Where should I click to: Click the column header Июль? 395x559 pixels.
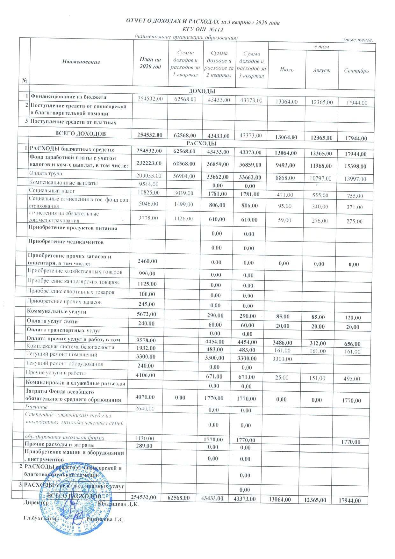point(287,70)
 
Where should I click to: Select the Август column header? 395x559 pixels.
point(321,70)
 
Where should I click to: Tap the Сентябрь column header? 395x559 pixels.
point(356,70)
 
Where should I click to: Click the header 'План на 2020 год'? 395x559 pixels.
point(150,63)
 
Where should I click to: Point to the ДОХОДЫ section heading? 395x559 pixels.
point(202,91)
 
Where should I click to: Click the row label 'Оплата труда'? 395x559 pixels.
point(46,174)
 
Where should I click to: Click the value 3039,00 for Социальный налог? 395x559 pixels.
point(183,193)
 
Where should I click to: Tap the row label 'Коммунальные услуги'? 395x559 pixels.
point(56,311)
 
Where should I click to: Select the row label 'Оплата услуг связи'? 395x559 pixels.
point(52,321)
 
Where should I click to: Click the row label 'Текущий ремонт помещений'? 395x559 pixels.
point(62,354)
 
